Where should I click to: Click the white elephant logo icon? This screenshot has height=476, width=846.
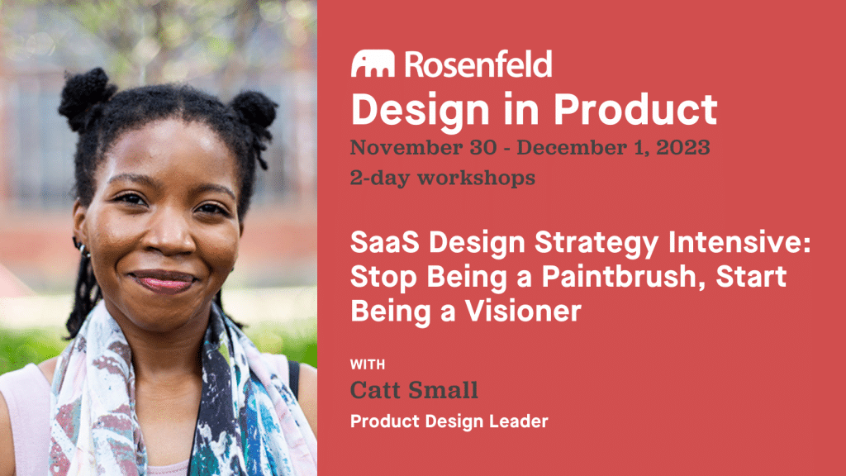click(x=373, y=64)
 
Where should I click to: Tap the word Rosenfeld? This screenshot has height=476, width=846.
click(x=478, y=64)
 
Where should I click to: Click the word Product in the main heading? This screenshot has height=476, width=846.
click(x=635, y=110)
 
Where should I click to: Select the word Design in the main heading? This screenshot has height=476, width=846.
click(x=418, y=111)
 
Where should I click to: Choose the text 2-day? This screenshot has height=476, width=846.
click(x=380, y=178)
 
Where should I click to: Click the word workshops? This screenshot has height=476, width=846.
click(x=477, y=178)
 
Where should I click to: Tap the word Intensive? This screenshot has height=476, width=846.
click(x=739, y=242)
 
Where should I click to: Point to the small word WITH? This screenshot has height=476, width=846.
click(x=368, y=364)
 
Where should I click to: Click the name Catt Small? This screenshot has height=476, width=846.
click(x=414, y=390)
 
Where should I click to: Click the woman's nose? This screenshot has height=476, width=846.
click(x=169, y=236)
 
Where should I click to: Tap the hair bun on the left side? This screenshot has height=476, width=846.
click(x=85, y=98)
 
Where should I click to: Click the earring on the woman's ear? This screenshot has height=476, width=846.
click(x=81, y=248)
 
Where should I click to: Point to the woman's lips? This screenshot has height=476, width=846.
click(x=164, y=281)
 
